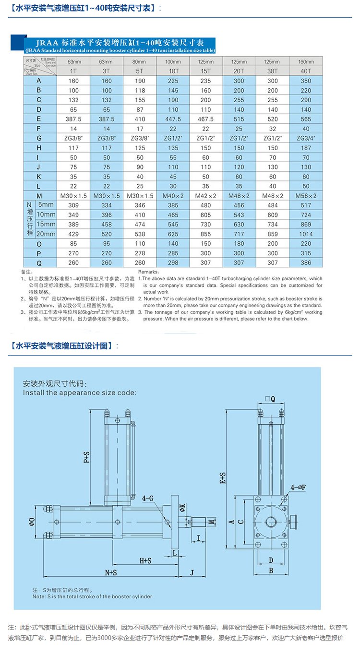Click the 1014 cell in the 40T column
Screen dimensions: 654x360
[305, 234]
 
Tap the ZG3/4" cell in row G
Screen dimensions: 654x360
[305, 138]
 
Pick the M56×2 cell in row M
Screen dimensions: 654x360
[305, 196]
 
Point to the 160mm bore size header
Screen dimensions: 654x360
[305, 62]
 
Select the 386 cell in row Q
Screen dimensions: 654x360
[305, 263]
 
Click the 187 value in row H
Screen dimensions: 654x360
[305, 148]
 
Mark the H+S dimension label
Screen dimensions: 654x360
[145, 560]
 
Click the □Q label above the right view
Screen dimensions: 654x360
[270, 399]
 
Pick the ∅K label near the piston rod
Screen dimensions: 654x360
[182, 507]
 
